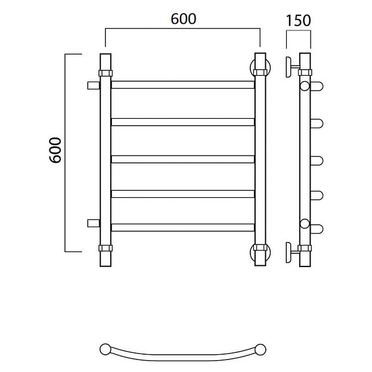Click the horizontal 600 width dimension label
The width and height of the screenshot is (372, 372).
pos(184,19)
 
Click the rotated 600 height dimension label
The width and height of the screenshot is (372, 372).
pos(55,150)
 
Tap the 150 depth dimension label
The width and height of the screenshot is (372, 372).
pos(298,21)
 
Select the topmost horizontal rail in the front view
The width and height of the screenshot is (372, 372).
pos(182,85)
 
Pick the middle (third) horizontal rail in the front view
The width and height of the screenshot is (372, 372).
pos(182,159)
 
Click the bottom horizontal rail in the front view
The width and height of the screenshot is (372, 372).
pos(182,228)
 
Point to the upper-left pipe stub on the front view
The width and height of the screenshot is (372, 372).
pos(94,85)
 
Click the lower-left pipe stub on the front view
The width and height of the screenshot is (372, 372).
pos(94,223)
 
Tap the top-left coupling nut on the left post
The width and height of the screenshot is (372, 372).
pos(106,73)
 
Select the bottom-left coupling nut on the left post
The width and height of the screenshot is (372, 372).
pos(106,248)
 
